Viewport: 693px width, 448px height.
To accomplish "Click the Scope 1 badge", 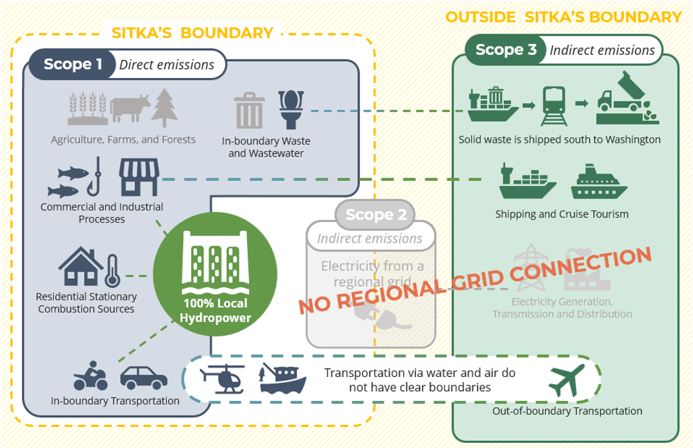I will click(x=73, y=65).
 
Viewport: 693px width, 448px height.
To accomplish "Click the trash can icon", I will click(x=250, y=110).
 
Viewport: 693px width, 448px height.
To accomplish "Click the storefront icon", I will click(x=139, y=178).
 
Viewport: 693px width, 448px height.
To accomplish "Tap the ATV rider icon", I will click(x=91, y=376).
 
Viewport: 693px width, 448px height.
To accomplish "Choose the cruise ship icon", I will click(x=598, y=182).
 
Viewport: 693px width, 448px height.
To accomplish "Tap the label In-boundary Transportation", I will click(x=115, y=401).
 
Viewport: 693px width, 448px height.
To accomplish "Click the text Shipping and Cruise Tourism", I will click(x=561, y=214).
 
